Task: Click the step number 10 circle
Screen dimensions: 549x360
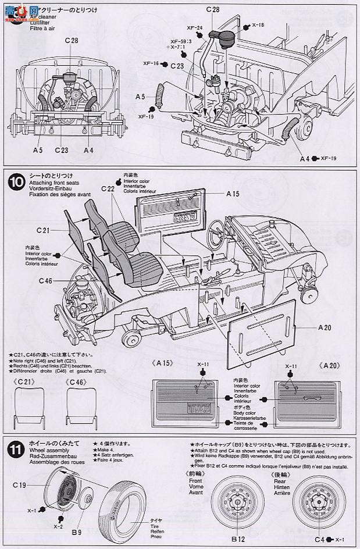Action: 16,182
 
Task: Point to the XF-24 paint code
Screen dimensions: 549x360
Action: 195,27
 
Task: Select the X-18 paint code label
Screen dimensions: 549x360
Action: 258,26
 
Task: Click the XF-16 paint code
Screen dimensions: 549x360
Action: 151,63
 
